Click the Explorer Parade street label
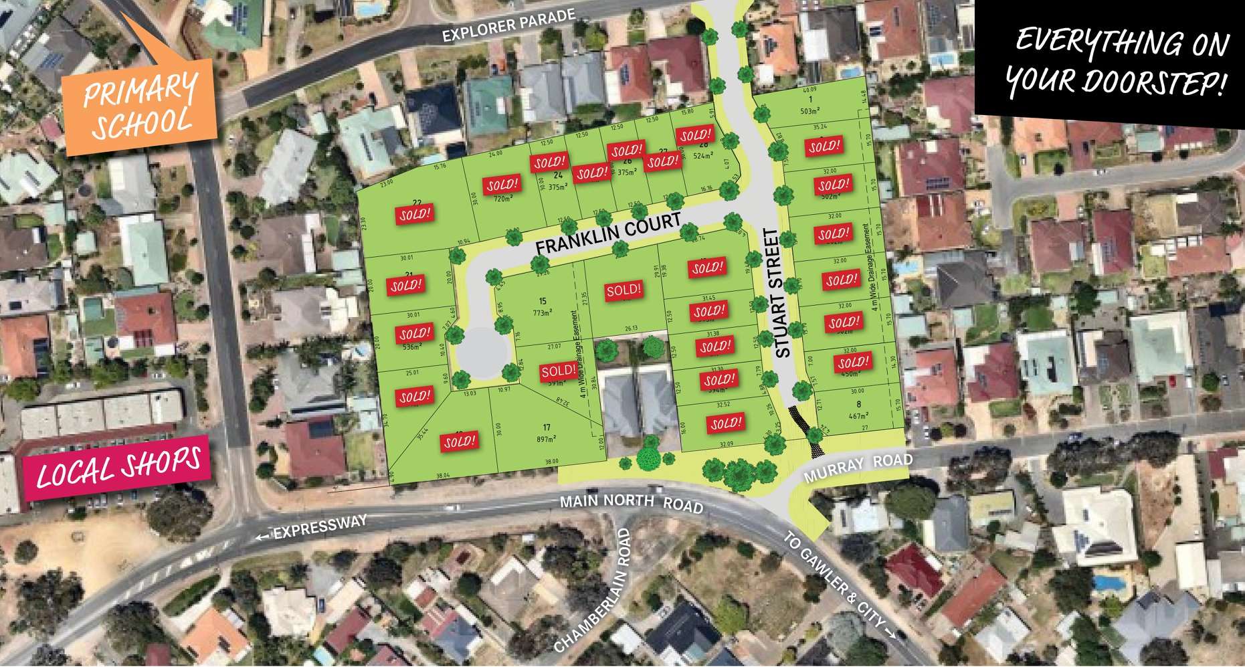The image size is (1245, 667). coord(508,25)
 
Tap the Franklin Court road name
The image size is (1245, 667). coord(608,233)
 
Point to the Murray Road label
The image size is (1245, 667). coord(858,467)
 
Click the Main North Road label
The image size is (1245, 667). coord(632,502)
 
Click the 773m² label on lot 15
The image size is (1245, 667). coord(543,312)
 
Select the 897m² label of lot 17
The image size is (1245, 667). coord(547,440)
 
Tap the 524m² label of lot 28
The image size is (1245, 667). coord(702,157)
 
